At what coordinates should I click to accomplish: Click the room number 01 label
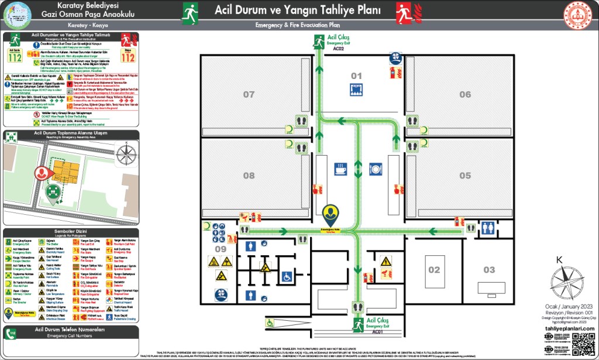tap(356, 76)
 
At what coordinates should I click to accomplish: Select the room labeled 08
tap(249, 176)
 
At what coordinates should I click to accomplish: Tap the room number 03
tap(489, 269)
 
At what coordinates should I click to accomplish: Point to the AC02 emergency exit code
tap(339, 49)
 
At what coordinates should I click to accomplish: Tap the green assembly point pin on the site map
tap(53, 191)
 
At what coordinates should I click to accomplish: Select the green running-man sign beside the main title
tap(190, 11)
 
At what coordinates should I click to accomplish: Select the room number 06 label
tap(465, 94)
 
